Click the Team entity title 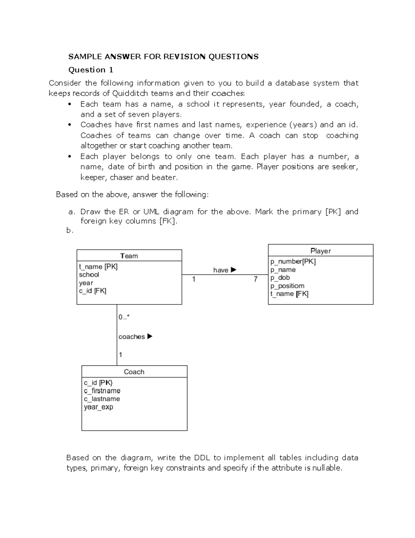point(129,256)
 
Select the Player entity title point(321,251)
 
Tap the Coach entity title point(134,372)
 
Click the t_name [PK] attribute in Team point(98,267)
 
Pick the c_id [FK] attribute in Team point(92,291)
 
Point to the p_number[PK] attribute point(293,262)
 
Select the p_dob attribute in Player point(280,278)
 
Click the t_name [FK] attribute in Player point(289,294)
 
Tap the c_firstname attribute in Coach point(102,391)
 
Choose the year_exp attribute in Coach point(98,407)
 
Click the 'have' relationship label point(221,270)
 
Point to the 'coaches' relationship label point(131,337)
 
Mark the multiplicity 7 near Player point(256,279)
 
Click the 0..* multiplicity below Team point(124,317)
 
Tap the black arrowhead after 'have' point(233,270)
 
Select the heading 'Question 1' point(91,70)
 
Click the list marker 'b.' point(70,230)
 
